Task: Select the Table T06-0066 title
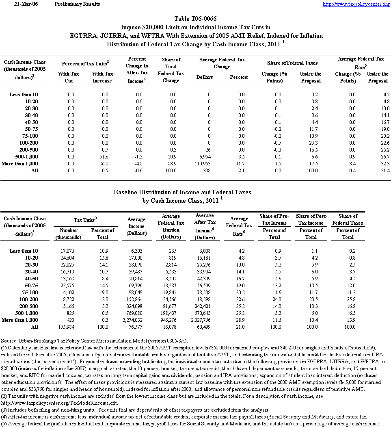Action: [x=195, y=19]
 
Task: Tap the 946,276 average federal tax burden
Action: [x=175, y=320]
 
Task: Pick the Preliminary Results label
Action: [x=77, y=4]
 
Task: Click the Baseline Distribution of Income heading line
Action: [x=182, y=192]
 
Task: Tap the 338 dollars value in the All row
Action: [x=207, y=170]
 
